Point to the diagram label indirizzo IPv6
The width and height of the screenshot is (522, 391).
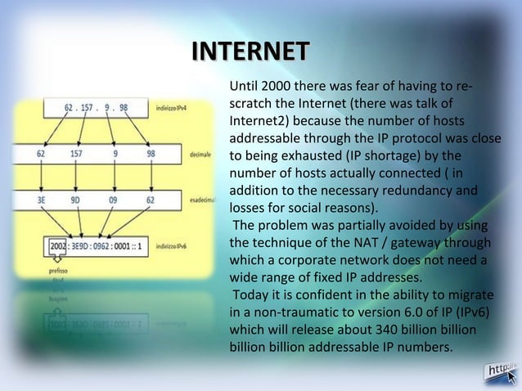(175, 245)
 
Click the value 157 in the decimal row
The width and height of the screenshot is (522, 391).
(75, 153)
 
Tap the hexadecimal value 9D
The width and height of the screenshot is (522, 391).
(75, 198)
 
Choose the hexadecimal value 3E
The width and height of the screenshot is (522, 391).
(40, 198)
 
